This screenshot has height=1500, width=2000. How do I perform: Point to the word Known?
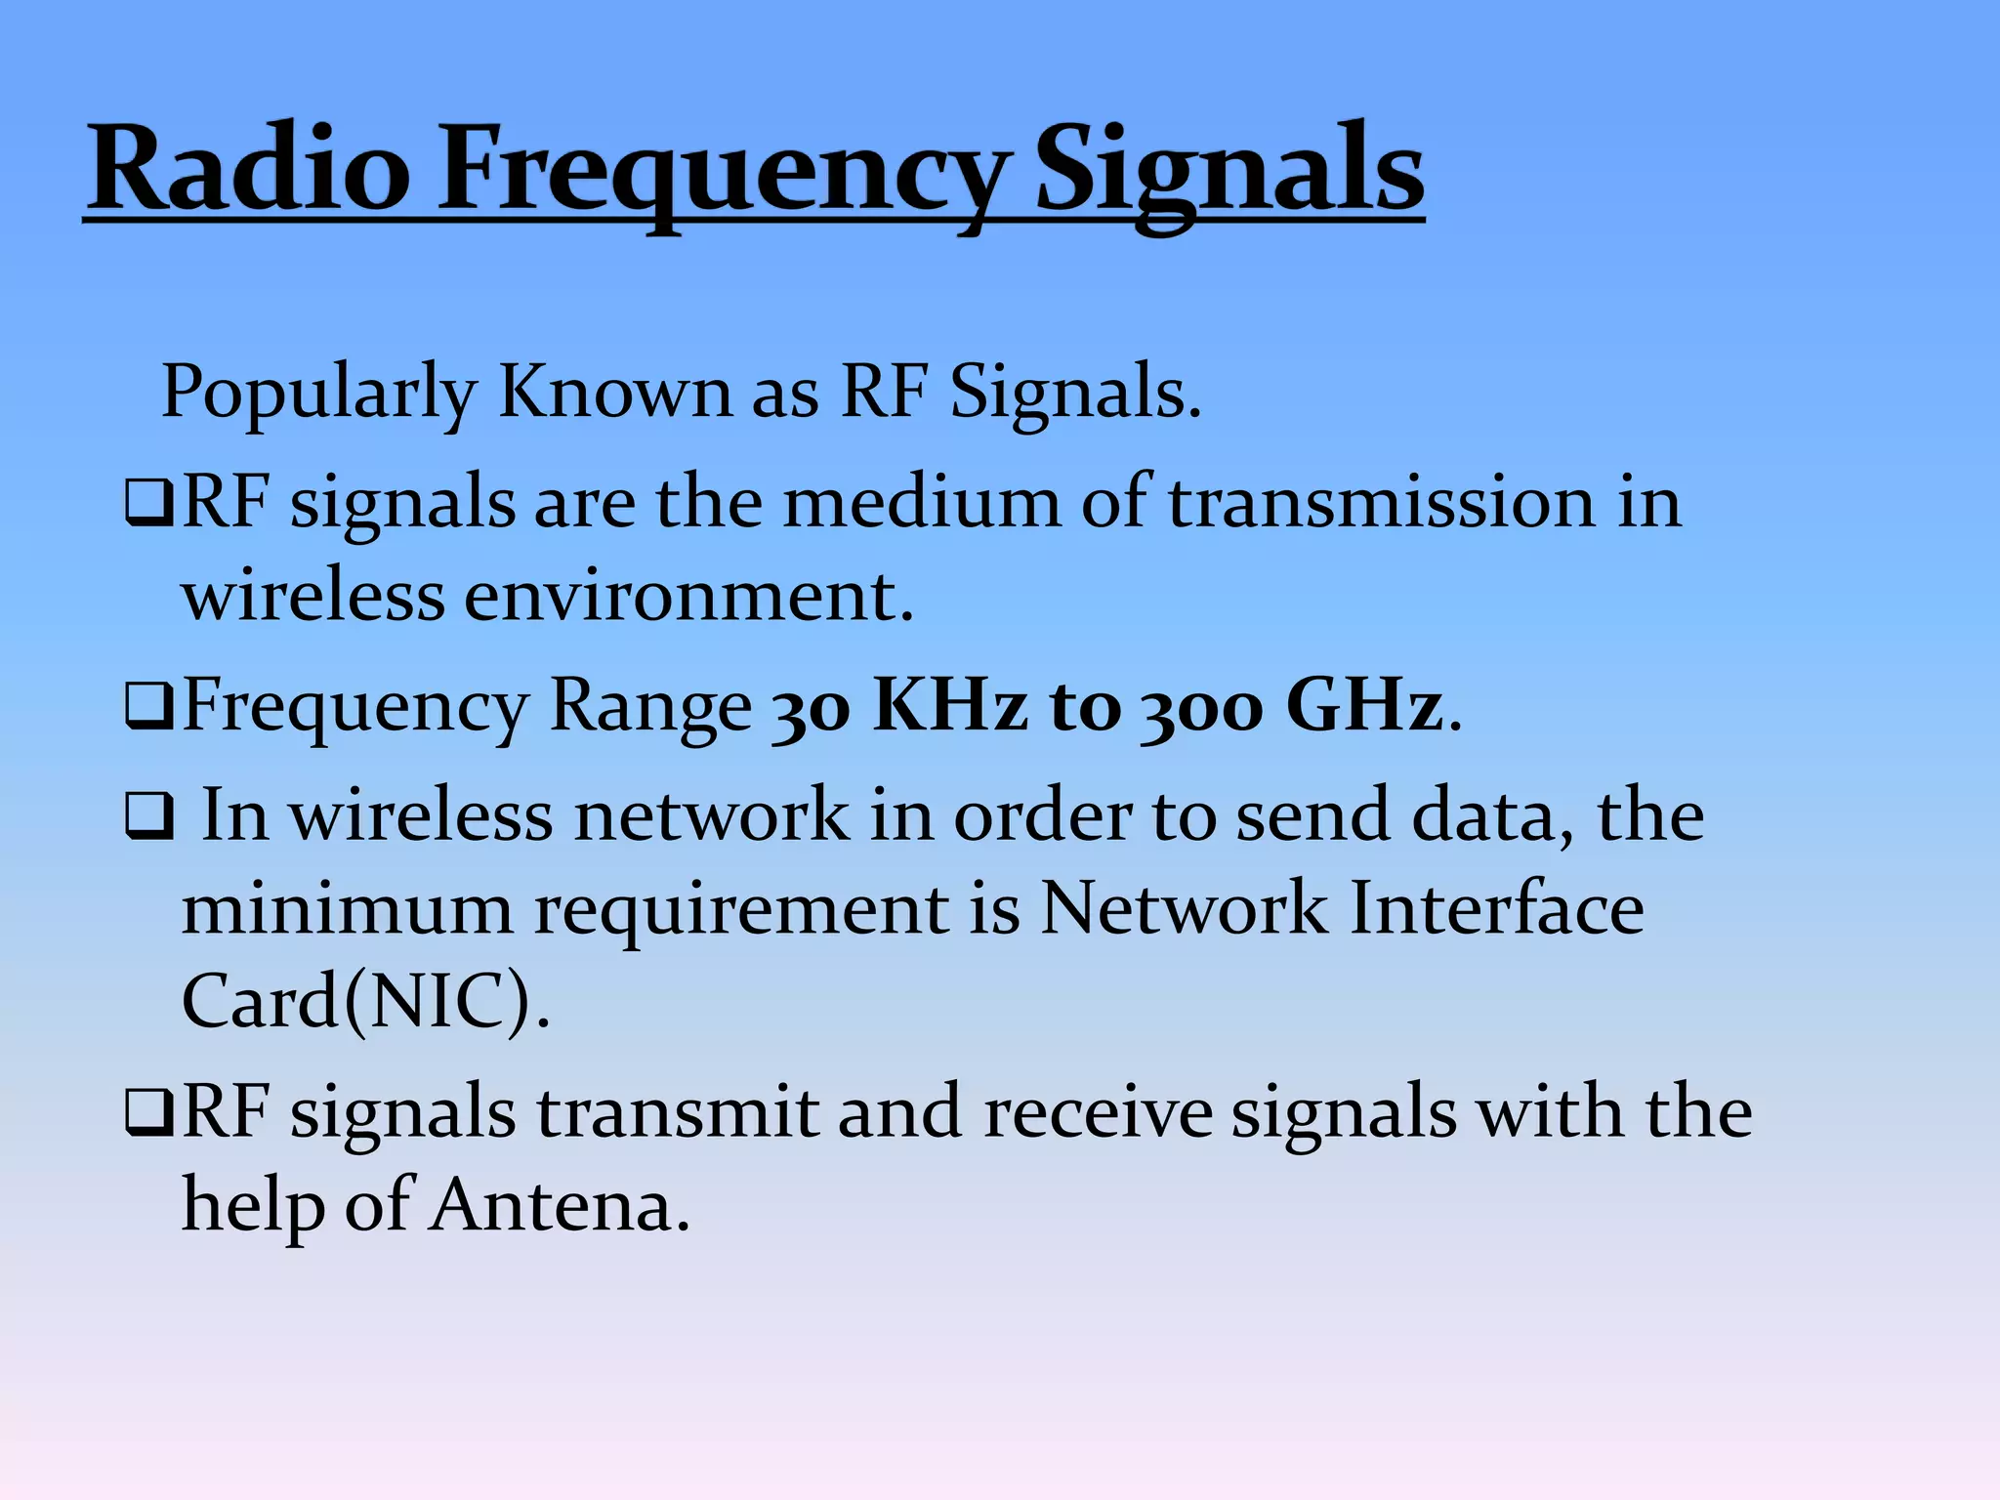(614, 391)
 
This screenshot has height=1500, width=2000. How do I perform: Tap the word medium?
(921, 502)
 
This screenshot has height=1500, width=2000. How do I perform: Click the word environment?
(688, 596)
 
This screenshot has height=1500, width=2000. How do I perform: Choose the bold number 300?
(1201, 705)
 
